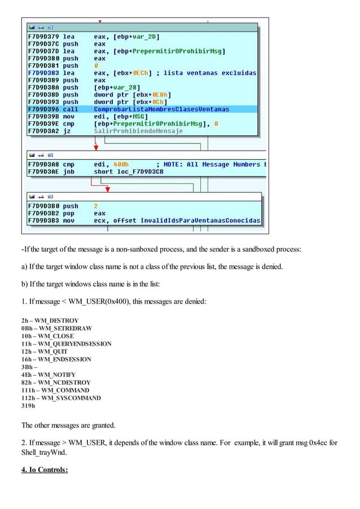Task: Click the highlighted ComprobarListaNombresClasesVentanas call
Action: (153, 109)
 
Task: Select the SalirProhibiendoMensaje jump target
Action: (138, 131)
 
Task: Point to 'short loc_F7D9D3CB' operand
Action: (129, 172)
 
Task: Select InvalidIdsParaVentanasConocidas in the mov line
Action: (200, 221)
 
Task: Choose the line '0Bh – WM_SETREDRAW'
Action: (56, 328)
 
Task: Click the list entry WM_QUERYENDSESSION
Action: (66, 344)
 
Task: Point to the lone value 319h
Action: (28, 405)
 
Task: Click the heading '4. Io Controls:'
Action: (45, 468)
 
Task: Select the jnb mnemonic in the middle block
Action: (69, 172)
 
